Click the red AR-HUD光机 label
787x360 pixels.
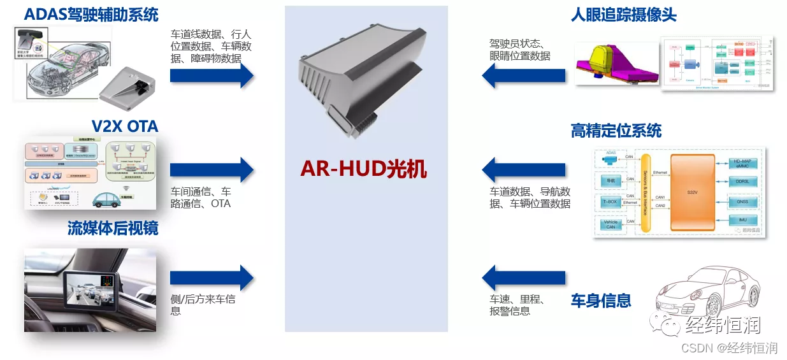pos(364,169)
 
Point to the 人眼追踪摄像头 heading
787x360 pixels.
pos(623,14)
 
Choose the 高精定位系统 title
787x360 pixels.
pos(616,131)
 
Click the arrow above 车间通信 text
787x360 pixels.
pos(212,169)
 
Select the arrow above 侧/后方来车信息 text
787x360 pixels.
pos(212,278)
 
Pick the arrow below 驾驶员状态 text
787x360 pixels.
pos(524,76)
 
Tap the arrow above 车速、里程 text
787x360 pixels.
pos(524,278)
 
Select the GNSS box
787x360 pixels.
pos(742,201)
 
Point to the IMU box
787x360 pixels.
pos(742,220)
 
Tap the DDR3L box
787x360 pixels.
pos(742,181)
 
